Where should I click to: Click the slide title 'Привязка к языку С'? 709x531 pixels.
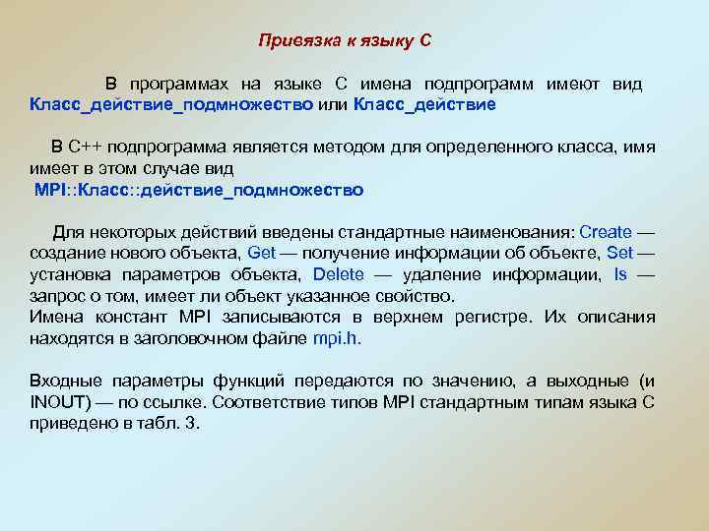(x=345, y=41)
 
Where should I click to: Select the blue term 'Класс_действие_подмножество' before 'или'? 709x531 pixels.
(x=171, y=103)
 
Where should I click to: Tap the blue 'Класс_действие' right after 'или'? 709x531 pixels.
(x=424, y=103)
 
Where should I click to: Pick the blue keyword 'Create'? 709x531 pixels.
(x=606, y=233)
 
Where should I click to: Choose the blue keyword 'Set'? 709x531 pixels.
(x=619, y=254)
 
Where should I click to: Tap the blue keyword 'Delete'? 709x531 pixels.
(x=338, y=274)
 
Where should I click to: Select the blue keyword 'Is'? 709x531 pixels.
(x=619, y=274)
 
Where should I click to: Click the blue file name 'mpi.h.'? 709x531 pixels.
(x=338, y=338)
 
